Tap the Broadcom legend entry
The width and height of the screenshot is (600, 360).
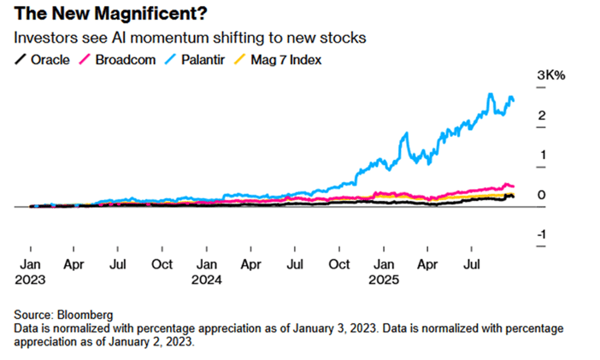click(119, 59)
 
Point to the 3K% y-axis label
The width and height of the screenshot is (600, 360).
click(551, 76)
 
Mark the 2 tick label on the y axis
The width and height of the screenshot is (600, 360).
click(543, 115)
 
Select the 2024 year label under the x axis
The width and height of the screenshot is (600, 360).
click(207, 280)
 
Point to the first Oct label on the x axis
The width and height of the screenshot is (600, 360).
click(162, 265)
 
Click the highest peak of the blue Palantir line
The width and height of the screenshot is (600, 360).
click(491, 94)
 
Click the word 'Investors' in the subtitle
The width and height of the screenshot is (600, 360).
click(41, 38)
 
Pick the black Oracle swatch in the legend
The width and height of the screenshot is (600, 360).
click(19, 59)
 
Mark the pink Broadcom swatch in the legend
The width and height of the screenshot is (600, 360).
click(85, 59)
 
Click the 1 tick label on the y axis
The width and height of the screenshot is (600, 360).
click(543, 155)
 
